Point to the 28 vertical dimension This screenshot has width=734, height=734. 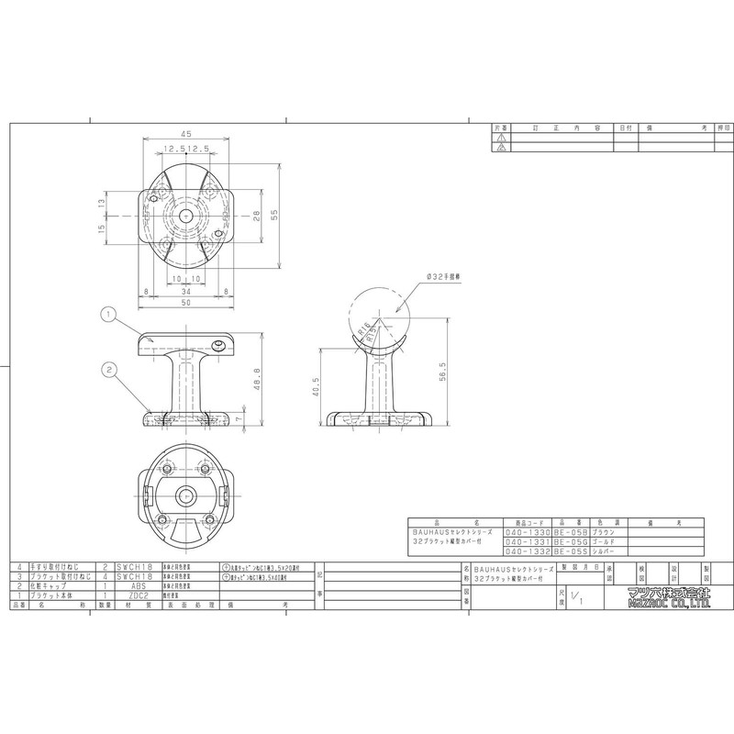(256, 217)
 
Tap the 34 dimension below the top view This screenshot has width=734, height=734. (186, 291)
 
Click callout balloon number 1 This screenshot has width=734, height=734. (107, 314)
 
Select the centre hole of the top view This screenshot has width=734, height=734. (186, 215)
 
